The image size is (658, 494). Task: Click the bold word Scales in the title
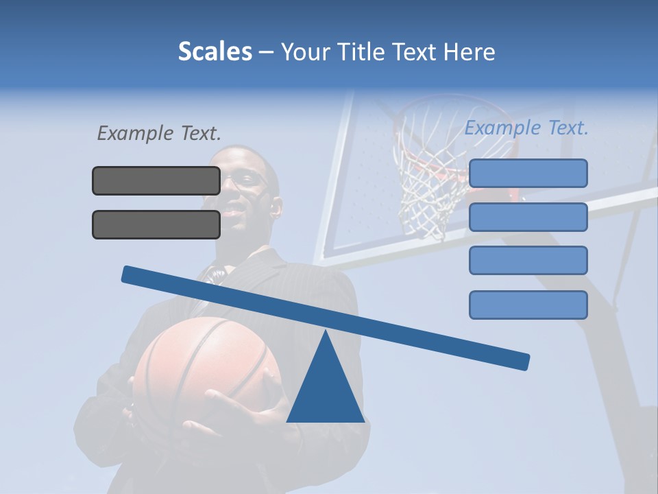(215, 51)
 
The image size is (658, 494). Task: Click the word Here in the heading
(470, 51)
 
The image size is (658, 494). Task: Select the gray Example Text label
(159, 133)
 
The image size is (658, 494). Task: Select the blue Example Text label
(526, 128)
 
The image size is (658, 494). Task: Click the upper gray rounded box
(156, 180)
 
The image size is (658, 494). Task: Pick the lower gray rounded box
(156, 224)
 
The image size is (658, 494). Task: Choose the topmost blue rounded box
(528, 173)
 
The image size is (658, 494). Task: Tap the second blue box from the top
(528, 217)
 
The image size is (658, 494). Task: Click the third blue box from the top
(528, 261)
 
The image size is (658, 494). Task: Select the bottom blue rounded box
(528, 305)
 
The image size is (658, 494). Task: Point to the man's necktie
(217, 275)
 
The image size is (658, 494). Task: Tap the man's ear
(276, 206)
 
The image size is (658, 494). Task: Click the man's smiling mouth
(234, 206)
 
